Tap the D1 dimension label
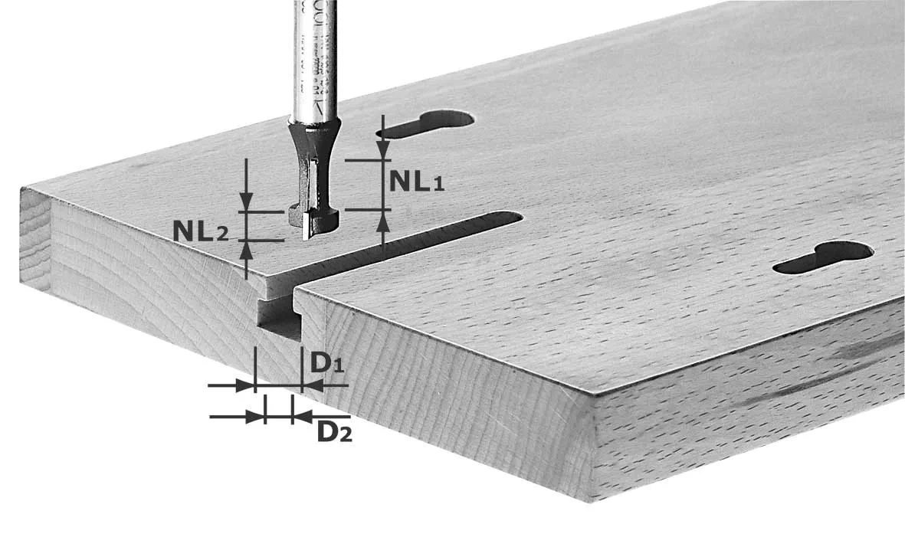[x=325, y=362]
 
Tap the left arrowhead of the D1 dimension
[x=247, y=385]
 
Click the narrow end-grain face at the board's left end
[x=34, y=238]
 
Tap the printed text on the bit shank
[x=314, y=46]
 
